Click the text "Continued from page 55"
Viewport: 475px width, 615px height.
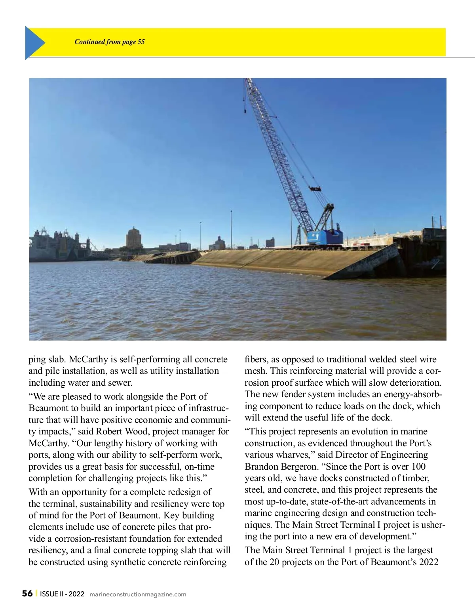[x=110, y=42]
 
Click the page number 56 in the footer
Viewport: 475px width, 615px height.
[x=27, y=594]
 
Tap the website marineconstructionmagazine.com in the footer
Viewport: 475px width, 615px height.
[x=138, y=594]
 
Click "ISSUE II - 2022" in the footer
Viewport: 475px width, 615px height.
[x=62, y=594]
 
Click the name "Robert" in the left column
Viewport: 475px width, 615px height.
[x=109, y=432]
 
